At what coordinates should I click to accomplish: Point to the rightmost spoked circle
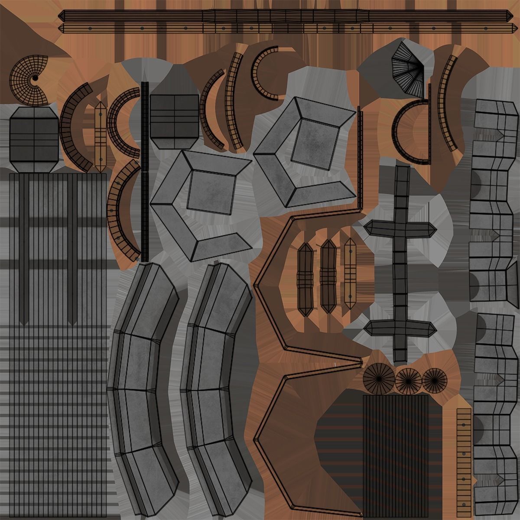[x=434, y=380]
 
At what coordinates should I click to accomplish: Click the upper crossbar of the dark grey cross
[x=400, y=229]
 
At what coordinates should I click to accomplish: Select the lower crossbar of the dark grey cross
[x=400, y=328]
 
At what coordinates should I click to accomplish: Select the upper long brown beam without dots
[x=286, y=16]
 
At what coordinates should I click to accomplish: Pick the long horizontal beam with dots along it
[x=286, y=29]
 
